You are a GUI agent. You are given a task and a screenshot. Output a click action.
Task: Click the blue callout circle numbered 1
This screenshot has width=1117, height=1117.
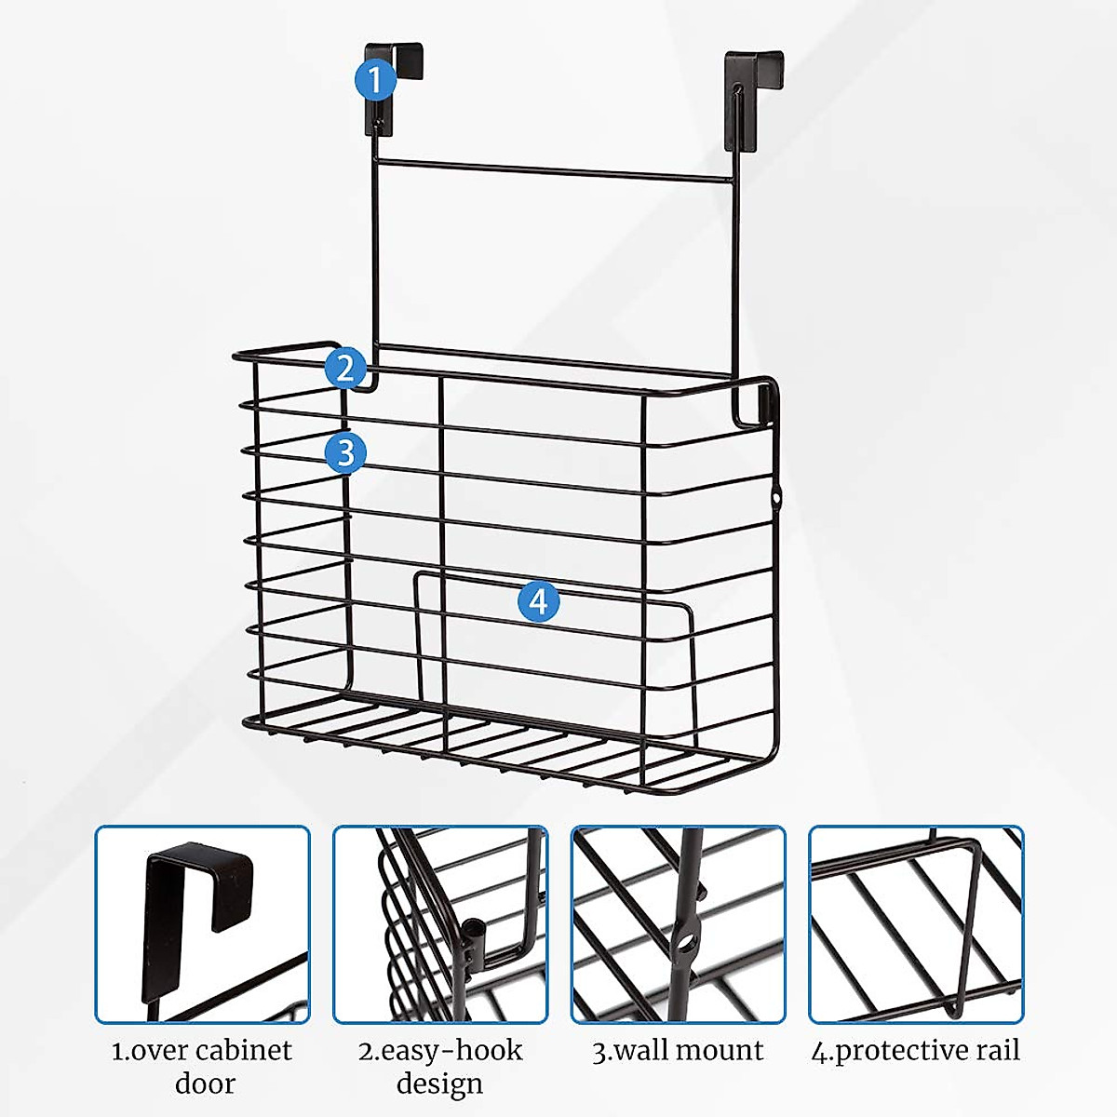tap(375, 80)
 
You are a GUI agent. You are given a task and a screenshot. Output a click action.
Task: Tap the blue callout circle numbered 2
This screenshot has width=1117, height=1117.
tap(345, 368)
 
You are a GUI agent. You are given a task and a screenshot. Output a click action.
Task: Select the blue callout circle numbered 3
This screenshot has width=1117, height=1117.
tap(346, 453)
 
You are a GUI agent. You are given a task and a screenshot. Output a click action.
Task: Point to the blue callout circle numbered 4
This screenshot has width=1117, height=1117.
tap(538, 601)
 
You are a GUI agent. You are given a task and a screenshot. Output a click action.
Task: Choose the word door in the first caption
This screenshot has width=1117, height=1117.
tap(205, 1084)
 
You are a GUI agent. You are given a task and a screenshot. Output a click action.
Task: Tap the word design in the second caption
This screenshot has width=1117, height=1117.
tap(439, 1084)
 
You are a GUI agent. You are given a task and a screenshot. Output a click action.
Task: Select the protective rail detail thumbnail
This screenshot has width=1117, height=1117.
tap(916, 924)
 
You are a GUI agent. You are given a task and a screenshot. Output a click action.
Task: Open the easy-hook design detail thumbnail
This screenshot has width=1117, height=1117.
tap(440, 924)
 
